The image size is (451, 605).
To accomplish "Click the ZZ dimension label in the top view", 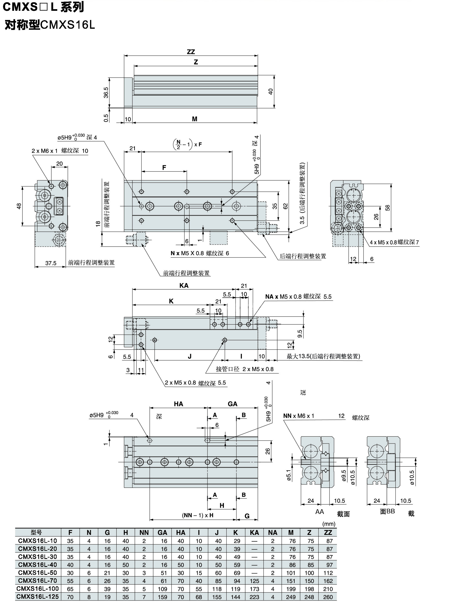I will point(191,52).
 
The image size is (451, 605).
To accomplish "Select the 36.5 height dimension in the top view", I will point(106,93).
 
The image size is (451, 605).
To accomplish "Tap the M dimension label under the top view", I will point(194,119).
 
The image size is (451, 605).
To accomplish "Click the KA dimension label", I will point(184,285).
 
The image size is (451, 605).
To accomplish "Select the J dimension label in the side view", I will point(189,356).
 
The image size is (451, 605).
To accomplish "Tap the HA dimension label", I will point(178,404).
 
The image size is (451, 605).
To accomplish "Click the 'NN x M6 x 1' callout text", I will point(299,416).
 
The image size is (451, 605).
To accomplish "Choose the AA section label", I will point(319,512).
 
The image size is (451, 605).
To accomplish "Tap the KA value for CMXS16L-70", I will point(254,581).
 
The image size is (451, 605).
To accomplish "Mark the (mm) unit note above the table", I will point(329,524).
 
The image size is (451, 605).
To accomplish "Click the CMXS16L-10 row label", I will point(37,541).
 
